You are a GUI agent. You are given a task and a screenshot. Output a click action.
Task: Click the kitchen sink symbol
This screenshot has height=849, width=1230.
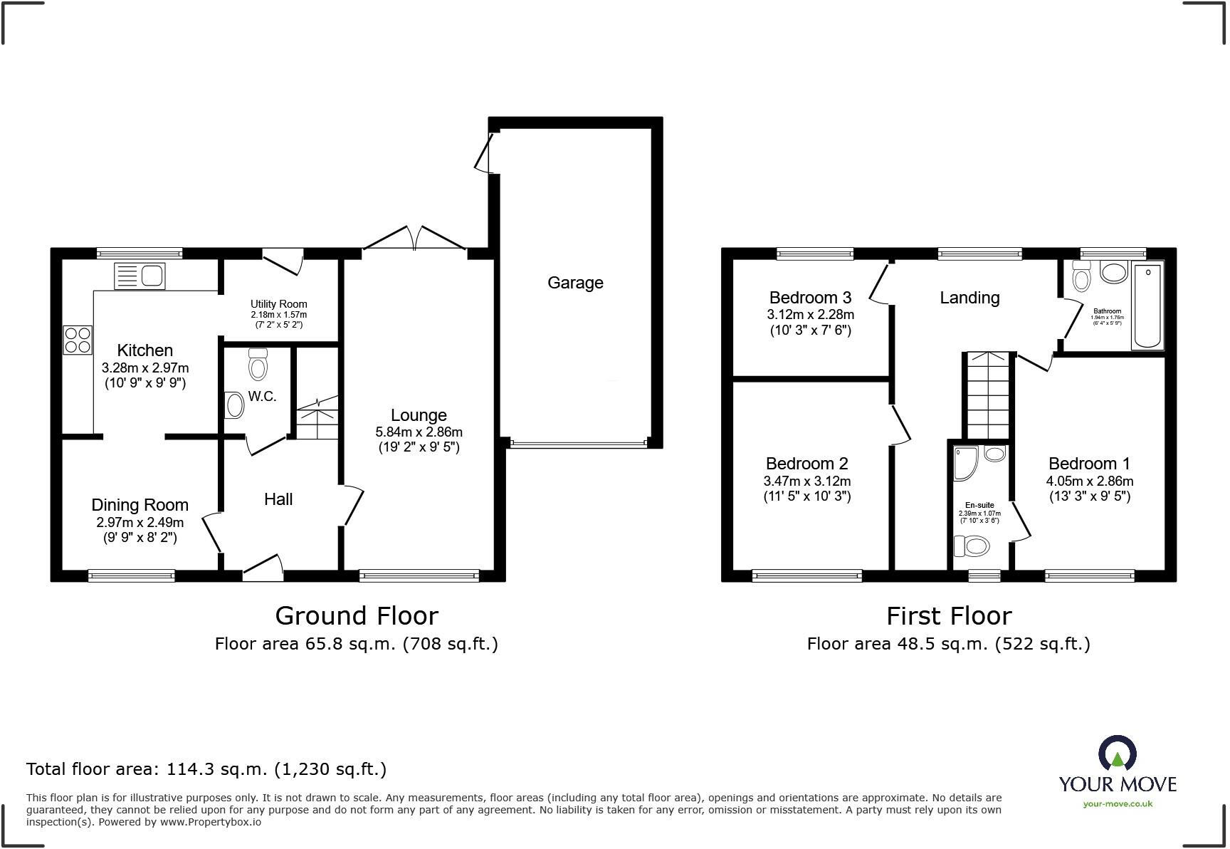[x=140, y=276]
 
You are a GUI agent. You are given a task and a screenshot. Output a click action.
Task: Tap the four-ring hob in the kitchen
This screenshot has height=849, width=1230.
[x=78, y=339]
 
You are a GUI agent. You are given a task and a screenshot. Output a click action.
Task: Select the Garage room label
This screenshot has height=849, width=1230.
[x=575, y=283]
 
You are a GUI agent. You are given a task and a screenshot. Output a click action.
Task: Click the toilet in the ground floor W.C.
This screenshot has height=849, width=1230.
[x=258, y=365]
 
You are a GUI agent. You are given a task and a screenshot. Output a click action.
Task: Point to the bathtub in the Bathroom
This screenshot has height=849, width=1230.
[x=1147, y=306]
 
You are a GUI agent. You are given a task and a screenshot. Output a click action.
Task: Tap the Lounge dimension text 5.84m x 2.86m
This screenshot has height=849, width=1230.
[x=419, y=432]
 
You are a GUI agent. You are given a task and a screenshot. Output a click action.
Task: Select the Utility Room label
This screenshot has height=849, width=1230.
[x=278, y=304]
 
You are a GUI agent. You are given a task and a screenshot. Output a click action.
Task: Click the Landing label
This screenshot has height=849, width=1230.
[x=969, y=298]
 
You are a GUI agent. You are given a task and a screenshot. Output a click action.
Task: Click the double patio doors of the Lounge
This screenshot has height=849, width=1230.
[x=414, y=239]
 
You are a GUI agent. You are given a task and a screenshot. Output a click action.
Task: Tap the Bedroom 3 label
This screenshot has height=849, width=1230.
[x=810, y=298]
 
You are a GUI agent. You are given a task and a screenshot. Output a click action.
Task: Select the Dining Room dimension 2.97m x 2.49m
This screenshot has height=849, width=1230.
[x=140, y=522]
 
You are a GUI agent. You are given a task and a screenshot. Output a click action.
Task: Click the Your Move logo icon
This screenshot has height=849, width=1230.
[x=1117, y=754]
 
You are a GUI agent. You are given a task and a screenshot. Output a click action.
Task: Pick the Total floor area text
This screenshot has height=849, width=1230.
[x=206, y=769]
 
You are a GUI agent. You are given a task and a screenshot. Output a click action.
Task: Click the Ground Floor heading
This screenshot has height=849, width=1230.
[x=357, y=615]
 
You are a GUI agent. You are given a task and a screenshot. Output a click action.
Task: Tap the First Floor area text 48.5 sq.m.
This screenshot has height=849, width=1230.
[x=948, y=644]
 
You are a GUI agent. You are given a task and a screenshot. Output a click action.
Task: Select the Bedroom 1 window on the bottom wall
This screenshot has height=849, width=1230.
[x=1089, y=575]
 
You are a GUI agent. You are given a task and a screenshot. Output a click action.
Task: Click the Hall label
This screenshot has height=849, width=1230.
[x=278, y=499]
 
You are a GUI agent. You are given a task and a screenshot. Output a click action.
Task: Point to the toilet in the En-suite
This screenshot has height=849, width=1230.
[x=972, y=546]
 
